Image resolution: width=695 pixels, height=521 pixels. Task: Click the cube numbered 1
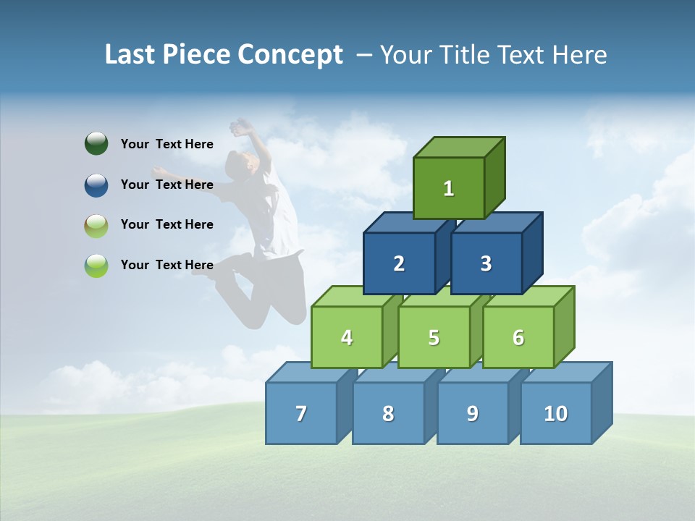[449, 188]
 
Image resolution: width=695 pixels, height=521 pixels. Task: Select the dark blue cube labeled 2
[399, 263]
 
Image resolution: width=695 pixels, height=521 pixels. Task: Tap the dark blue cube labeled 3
[486, 263]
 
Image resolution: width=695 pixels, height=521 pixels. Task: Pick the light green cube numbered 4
[347, 337]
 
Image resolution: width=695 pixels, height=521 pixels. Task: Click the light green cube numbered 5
[434, 337]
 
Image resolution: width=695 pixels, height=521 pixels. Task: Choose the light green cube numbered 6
[518, 337]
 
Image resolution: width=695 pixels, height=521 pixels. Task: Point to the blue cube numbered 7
[301, 413]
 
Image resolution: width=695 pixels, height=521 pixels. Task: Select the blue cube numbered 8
[388, 413]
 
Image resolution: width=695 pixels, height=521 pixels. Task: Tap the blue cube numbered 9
[473, 413]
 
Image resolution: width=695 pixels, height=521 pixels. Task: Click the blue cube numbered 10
[556, 413]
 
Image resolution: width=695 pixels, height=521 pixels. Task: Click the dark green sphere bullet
[96, 143]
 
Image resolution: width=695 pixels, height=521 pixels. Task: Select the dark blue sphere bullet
[96, 185]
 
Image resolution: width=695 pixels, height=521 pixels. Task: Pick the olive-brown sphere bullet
[96, 225]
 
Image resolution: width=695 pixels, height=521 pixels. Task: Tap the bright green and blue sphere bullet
[96, 266]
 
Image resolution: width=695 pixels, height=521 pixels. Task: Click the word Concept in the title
[290, 55]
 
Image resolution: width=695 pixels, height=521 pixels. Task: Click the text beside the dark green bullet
[167, 144]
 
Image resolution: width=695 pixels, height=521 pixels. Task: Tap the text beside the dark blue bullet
[167, 185]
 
